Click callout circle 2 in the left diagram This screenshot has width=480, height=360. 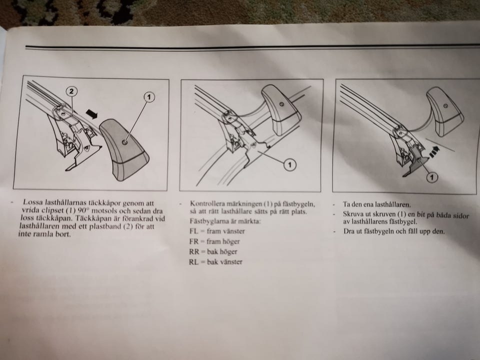click(71, 91)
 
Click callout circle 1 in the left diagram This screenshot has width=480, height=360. click(149, 97)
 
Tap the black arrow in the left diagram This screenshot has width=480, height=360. click(91, 114)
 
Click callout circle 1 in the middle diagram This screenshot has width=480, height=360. click(289, 165)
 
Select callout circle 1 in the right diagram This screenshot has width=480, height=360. click(432, 176)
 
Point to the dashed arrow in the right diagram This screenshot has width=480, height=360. click(433, 151)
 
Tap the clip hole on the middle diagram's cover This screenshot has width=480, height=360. click(281, 104)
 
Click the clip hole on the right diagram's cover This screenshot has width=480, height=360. click(445, 106)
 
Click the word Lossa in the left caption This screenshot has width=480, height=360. click(33, 202)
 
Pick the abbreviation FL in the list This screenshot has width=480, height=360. click(194, 231)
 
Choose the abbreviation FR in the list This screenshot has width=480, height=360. click(194, 241)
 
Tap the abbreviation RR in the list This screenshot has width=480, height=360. click(194, 251)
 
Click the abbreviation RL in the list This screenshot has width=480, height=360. click(194, 262)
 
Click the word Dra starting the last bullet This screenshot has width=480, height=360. click(348, 231)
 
